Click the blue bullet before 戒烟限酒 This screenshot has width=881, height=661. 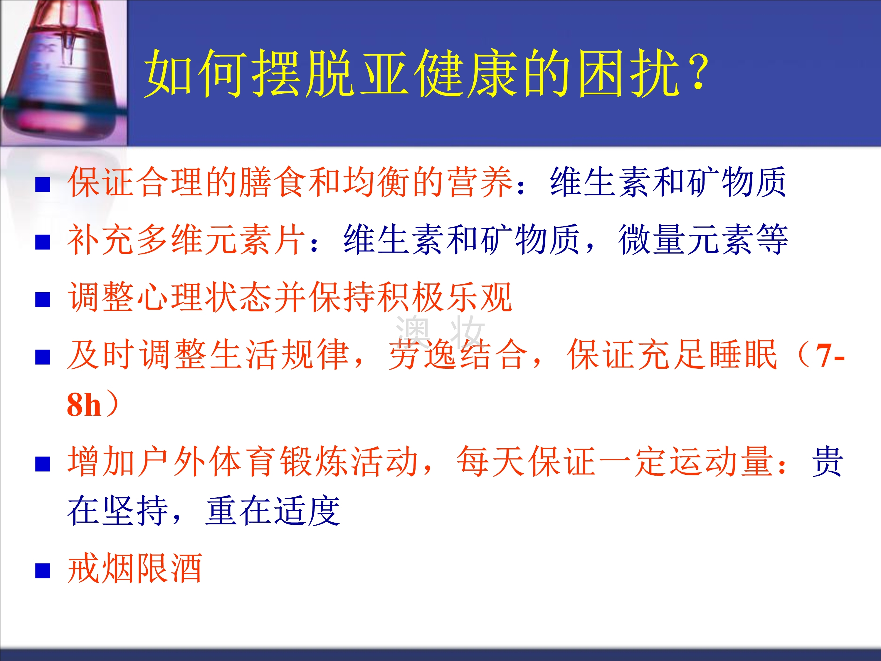point(43,570)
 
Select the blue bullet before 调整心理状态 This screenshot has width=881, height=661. point(43,300)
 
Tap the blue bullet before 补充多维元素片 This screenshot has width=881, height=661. point(43,242)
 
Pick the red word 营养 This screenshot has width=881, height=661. point(480,182)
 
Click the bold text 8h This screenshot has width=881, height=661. point(84,405)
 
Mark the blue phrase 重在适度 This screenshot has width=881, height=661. point(273,511)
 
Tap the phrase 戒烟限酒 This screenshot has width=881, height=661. point(135,568)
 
